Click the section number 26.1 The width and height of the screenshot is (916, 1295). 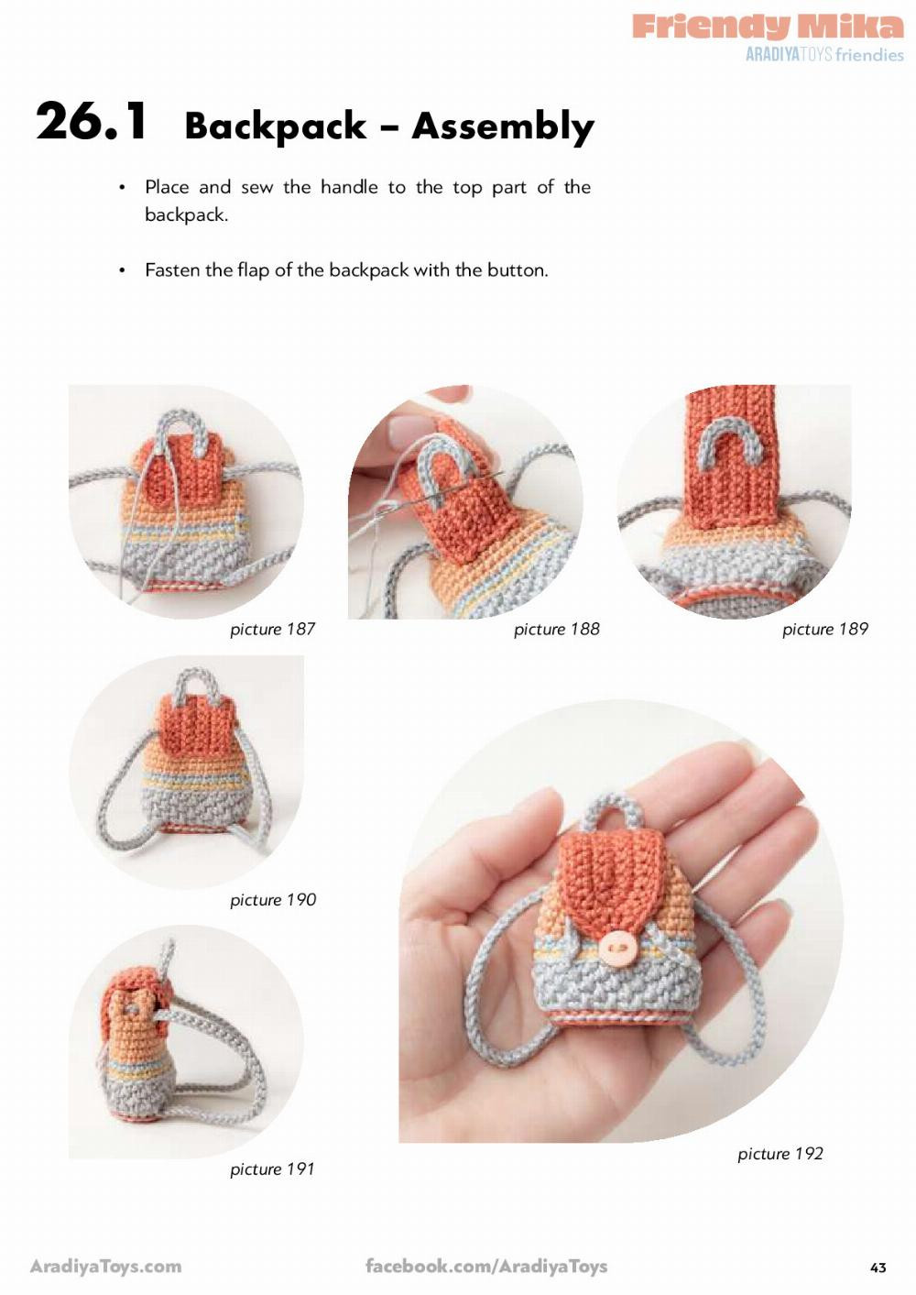[91, 121]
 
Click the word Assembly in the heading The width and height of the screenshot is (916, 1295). [503, 126]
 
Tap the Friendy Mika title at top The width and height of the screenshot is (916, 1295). [768, 26]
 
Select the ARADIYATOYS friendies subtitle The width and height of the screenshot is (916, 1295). [824, 55]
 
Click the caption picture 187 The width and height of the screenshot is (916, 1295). [272, 630]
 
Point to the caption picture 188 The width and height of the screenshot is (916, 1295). [556, 630]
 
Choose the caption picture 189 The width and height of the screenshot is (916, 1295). [824, 630]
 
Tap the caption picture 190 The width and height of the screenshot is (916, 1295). [272, 900]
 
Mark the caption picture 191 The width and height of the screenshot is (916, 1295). [272, 1169]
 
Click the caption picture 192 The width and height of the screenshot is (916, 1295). [780, 1154]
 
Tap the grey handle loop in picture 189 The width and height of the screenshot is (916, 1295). [734, 438]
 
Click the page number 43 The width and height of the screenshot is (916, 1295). [878, 1268]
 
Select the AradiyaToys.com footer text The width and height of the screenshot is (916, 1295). [105, 1267]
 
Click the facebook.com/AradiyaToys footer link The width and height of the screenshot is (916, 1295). [485, 1267]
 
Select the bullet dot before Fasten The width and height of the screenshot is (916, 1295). [122, 271]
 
